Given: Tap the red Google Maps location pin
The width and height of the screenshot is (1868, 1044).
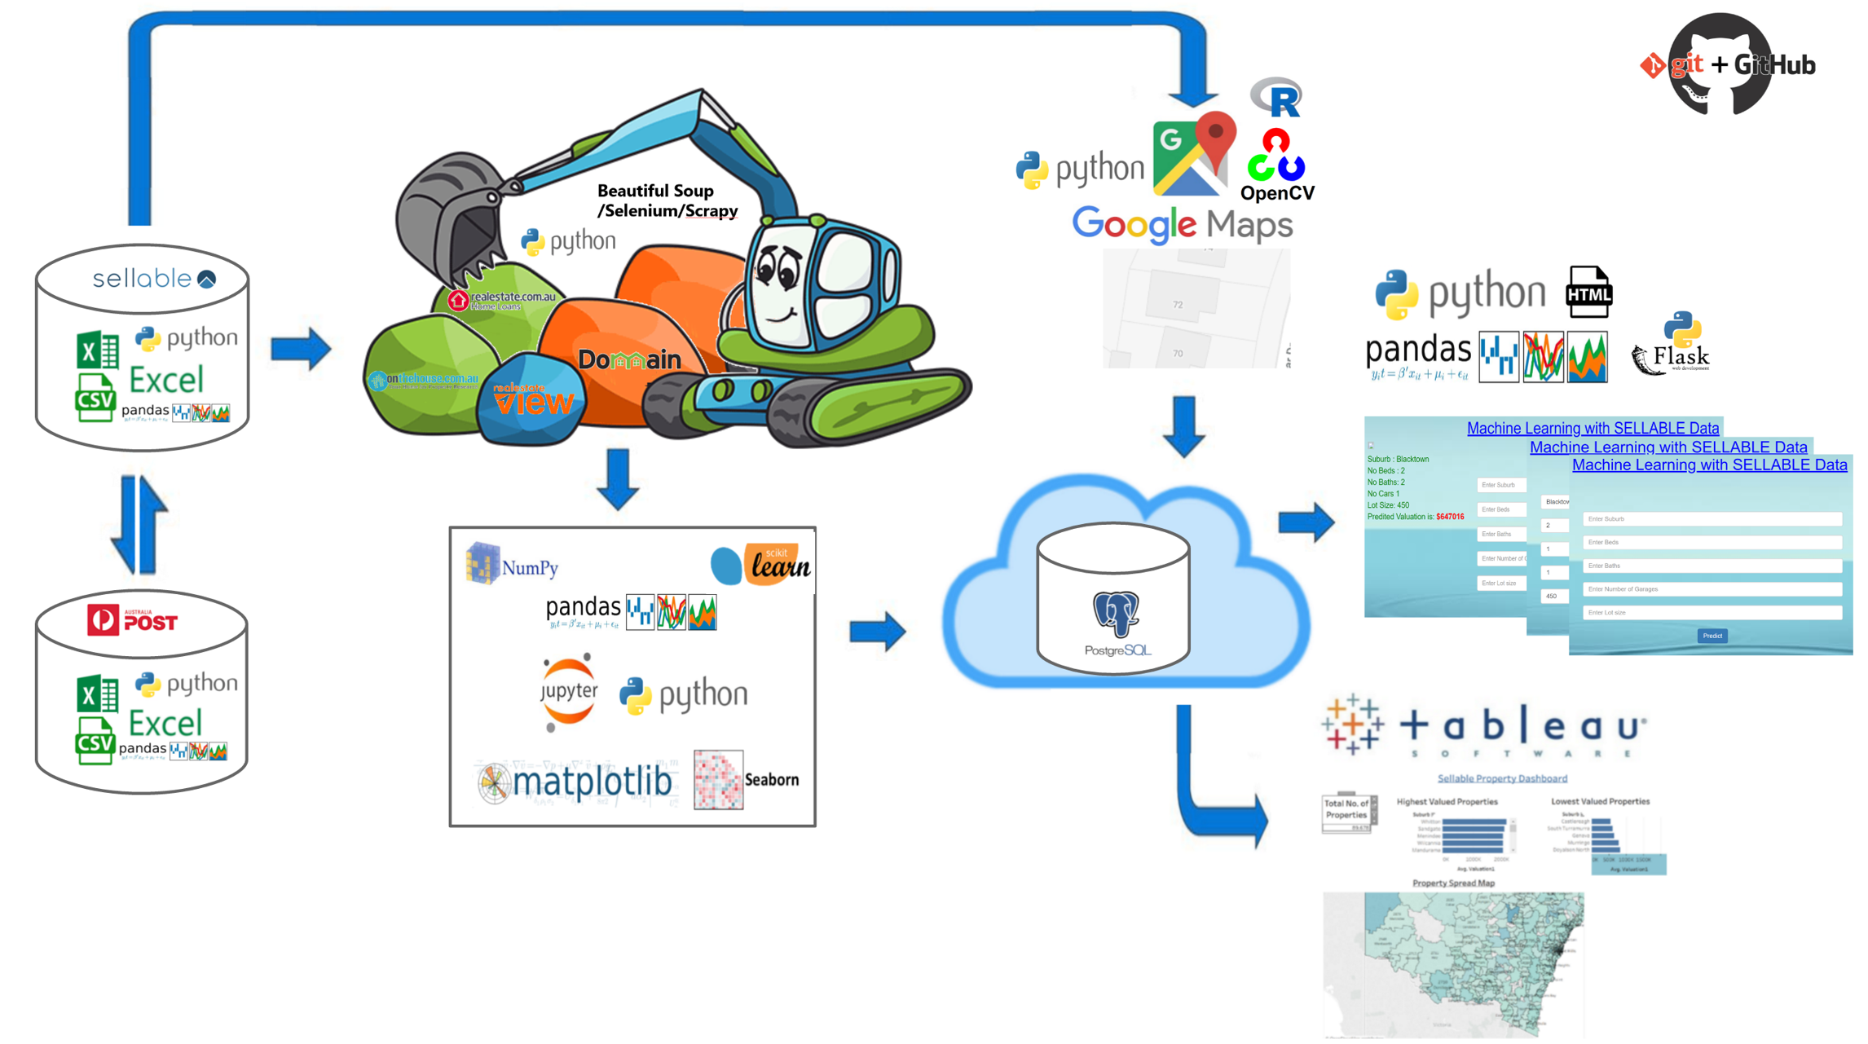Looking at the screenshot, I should (1216, 135).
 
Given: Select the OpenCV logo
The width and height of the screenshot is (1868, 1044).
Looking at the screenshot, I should (1276, 166).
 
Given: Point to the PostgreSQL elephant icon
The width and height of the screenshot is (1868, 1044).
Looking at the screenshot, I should (1116, 613).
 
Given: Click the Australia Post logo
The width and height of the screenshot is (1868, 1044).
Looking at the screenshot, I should (133, 621).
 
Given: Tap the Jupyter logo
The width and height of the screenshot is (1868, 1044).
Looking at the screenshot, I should (568, 691).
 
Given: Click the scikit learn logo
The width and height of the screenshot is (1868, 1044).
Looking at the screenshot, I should (760, 564).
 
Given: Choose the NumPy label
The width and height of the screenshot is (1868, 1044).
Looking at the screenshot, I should (530, 567).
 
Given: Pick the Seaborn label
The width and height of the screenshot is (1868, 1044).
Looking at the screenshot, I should (771, 780).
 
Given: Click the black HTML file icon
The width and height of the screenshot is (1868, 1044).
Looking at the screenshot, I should (1588, 292).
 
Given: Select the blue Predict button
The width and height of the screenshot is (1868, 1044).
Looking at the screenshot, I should (1712, 636).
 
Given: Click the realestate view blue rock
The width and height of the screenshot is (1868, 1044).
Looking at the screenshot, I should (532, 399).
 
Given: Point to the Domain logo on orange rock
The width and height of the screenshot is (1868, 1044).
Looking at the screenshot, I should (628, 359).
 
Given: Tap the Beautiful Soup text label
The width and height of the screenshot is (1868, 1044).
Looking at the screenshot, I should (656, 191).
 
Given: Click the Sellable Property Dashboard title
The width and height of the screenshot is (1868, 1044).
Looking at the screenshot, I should (1501, 778).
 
